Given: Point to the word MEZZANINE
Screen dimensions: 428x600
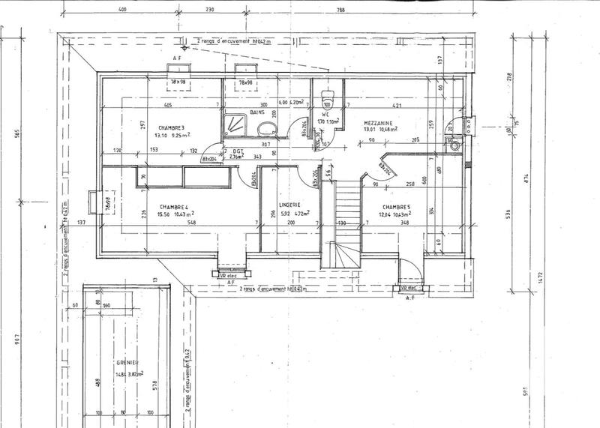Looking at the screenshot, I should (x=381, y=123).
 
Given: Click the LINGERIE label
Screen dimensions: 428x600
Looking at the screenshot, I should (x=289, y=204).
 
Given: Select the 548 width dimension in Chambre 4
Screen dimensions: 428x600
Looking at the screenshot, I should (x=172, y=223).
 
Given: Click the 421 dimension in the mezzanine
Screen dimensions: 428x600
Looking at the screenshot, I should (x=399, y=106).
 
